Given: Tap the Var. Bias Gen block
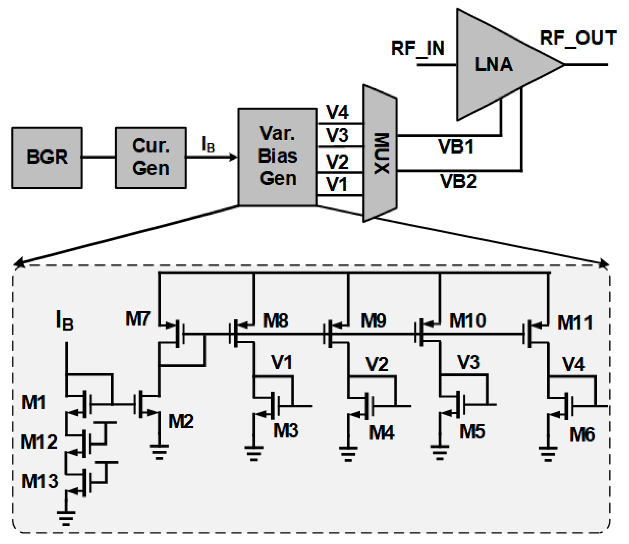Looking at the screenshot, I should [277, 157].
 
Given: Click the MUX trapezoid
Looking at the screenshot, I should [380, 153].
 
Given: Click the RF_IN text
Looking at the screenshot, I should [418, 48].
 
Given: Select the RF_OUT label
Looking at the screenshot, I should [577, 38].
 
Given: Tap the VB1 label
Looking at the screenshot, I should [456, 147].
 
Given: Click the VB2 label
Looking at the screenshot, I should [458, 182].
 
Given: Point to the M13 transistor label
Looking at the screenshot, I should [40, 481].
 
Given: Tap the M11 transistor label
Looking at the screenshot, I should [575, 323].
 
